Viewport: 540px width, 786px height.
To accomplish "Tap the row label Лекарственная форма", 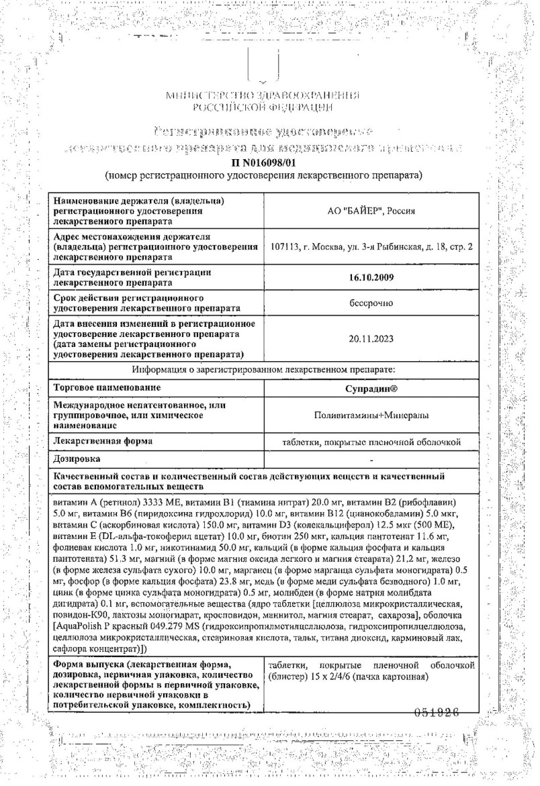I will click(x=102, y=441).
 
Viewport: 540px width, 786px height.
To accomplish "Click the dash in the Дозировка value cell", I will click(x=371, y=460).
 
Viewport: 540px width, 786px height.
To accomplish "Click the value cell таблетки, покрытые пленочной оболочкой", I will click(x=371, y=442).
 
